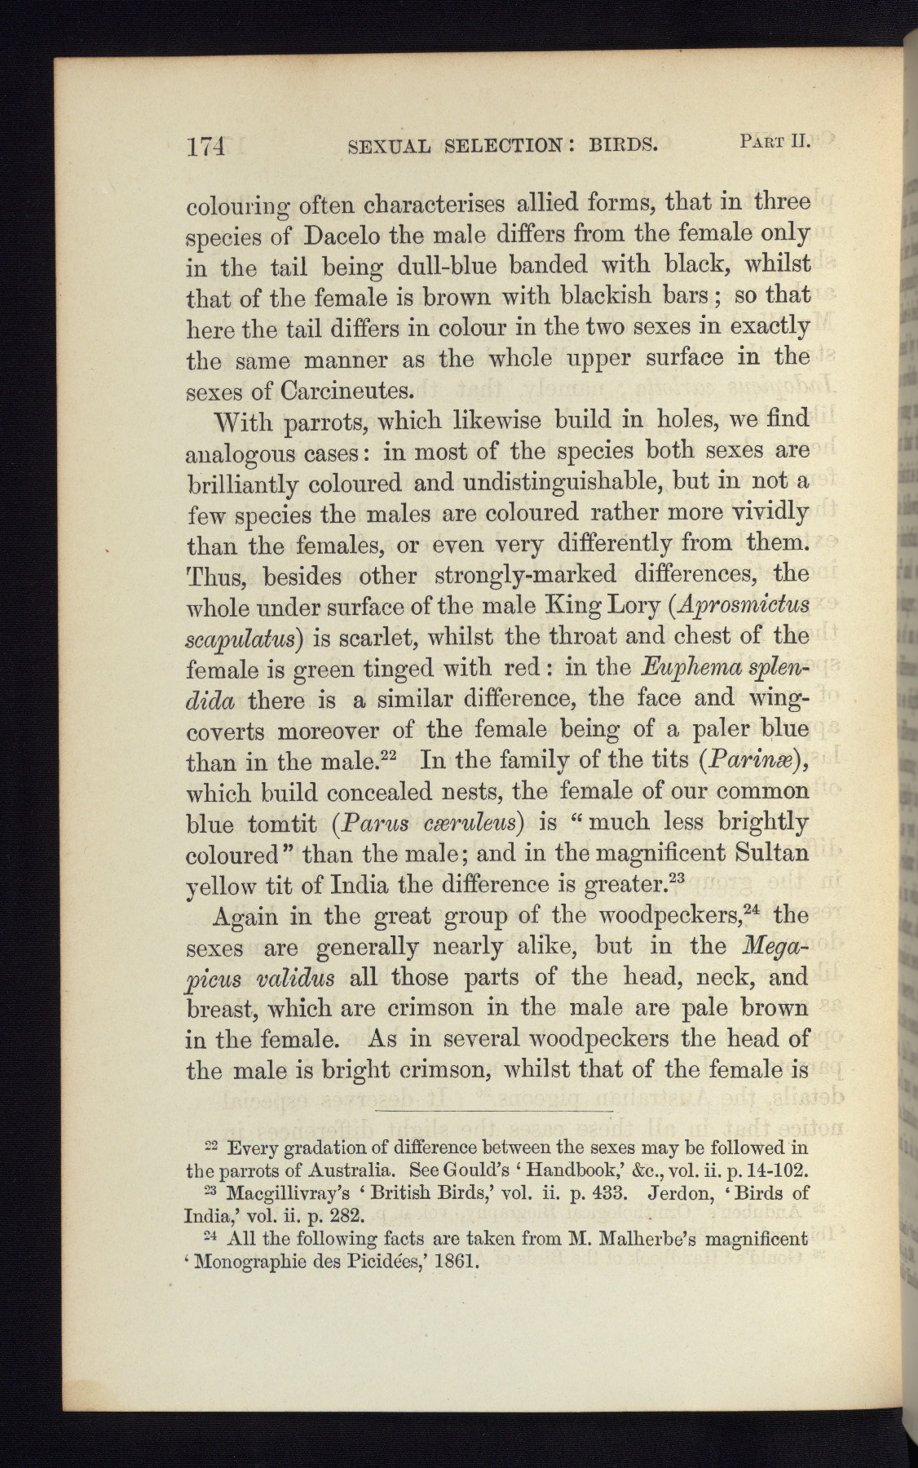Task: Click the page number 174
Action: pyautogui.click(x=205, y=147)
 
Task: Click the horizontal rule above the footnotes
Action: pyautogui.click(x=494, y=1111)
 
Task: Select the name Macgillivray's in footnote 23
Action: pyautogui.click(x=280, y=1193)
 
